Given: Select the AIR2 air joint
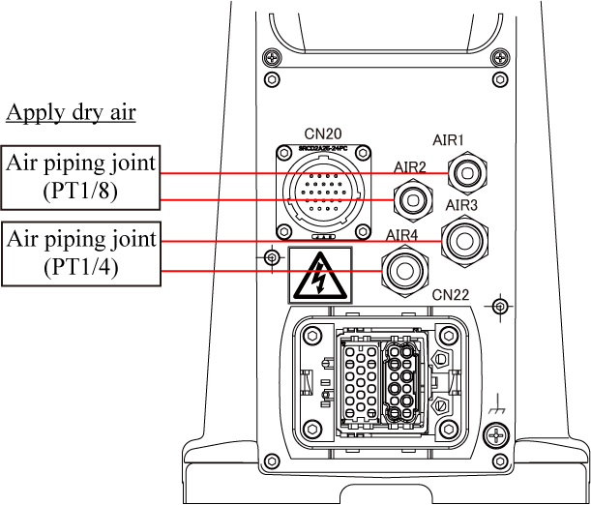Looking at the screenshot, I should click(413, 200).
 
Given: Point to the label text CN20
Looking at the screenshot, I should click(323, 134).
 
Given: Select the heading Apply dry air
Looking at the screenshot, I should click(71, 112).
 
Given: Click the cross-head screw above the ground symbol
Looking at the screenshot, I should click(498, 437).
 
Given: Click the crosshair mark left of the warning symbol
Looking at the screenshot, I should click(272, 257).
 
